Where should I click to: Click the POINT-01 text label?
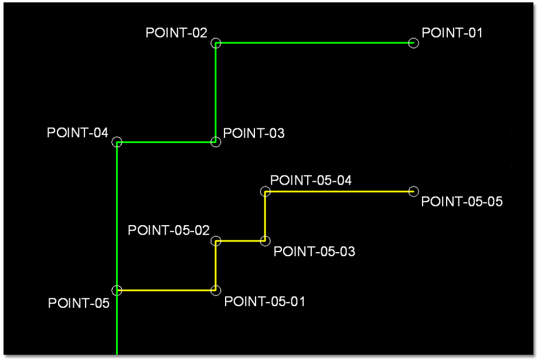pos(452,33)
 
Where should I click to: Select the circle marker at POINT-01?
pos(413,43)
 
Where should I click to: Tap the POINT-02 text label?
pos(176,33)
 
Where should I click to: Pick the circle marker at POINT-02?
pos(216,43)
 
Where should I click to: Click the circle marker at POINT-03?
pos(216,142)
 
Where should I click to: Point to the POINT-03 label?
pos(254,133)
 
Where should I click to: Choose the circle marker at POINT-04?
pos(117,142)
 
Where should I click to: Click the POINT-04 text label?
pos(77,133)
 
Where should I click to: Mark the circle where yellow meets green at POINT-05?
pos(117,290)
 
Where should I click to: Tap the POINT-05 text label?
pos(79,303)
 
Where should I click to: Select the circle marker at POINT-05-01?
pos(216,290)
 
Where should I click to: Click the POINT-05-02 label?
pos(169,230)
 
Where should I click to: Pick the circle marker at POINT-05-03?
pos(265,240)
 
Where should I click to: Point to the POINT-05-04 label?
pos(311,180)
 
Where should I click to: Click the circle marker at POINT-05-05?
pos(413,191)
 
